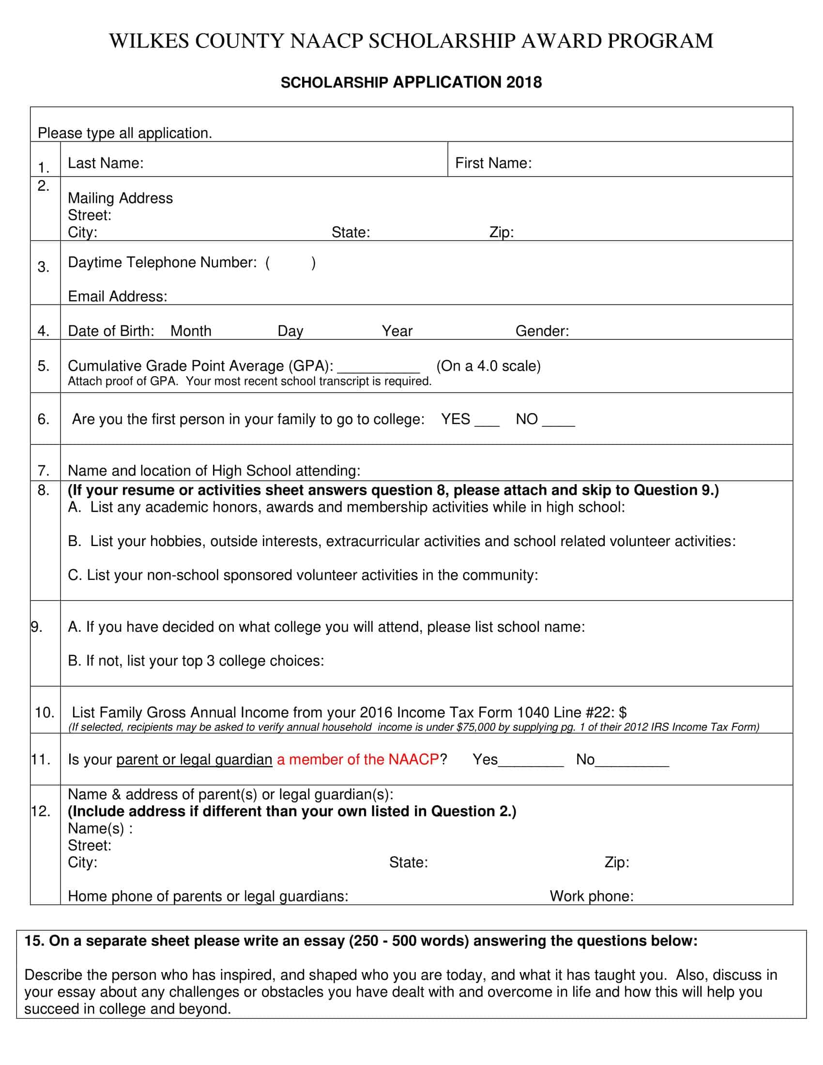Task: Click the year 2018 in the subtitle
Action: (x=524, y=82)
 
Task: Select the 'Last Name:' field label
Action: (x=106, y=163)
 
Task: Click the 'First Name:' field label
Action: (x=493, y=163)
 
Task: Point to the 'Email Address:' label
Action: (x=118, y=296)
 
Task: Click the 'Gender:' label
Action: (x=542, y=332)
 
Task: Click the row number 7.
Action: (x=44, y=471)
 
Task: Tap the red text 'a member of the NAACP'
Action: (x=358, y=760)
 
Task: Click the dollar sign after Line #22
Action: (x=623, y=713)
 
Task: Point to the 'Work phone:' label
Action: (x=592, y=896)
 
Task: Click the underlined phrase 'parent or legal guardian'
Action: (x=194, y=760)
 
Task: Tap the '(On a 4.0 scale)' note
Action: (x=488, y=366)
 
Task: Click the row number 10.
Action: (x=45, y=713)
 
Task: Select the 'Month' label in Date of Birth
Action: (x=191, y=332)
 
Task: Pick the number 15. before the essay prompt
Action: (x=34, y=941)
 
